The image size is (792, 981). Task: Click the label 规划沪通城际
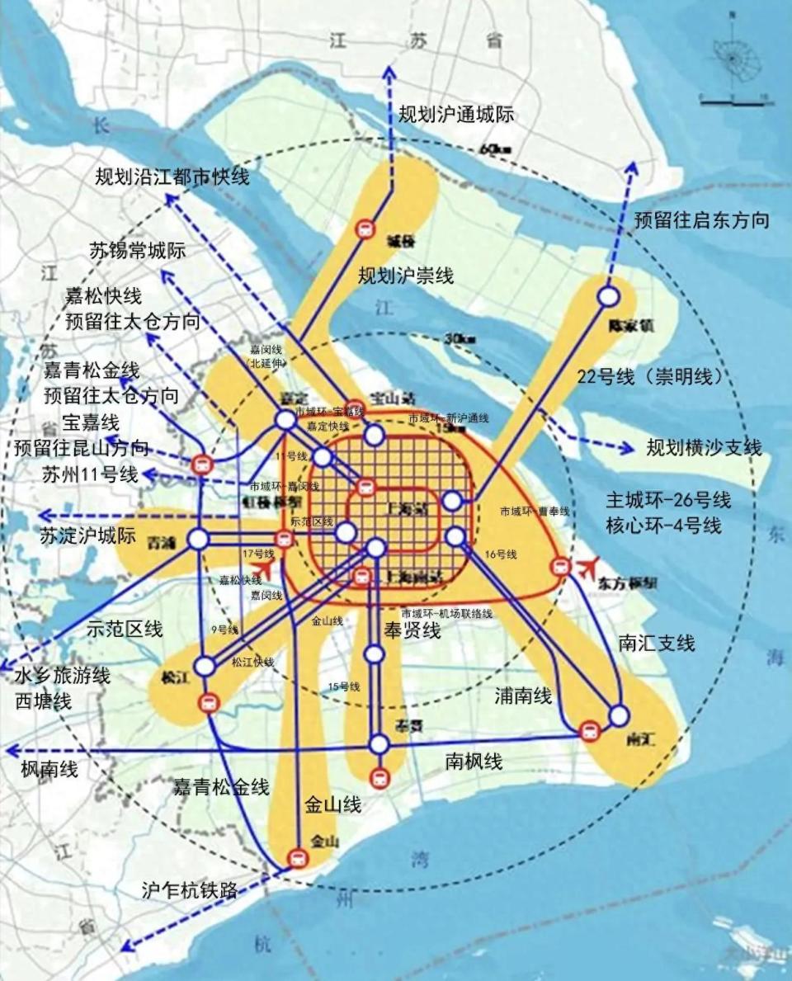[x=456, y=115]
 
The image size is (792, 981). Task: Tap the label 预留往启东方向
[x=702, y=220]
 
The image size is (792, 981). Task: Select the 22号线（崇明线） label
[x=652, y=377]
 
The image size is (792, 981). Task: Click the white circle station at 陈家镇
[x=609, y=295]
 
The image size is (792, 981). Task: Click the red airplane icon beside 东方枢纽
[x=588, y=567]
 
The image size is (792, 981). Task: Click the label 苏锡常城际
[x=138, y=251]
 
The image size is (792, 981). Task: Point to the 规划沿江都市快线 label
[x=171, y=177]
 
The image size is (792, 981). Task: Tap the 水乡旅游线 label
[x=62, y=676]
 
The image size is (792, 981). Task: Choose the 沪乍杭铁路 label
[x=190, y=890]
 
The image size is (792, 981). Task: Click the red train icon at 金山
[x=297, y=859]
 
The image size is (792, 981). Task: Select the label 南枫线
[x=474, y=761]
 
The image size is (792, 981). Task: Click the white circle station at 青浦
[x=199, y=540]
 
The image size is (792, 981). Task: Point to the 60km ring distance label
[x=495, y=149]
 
